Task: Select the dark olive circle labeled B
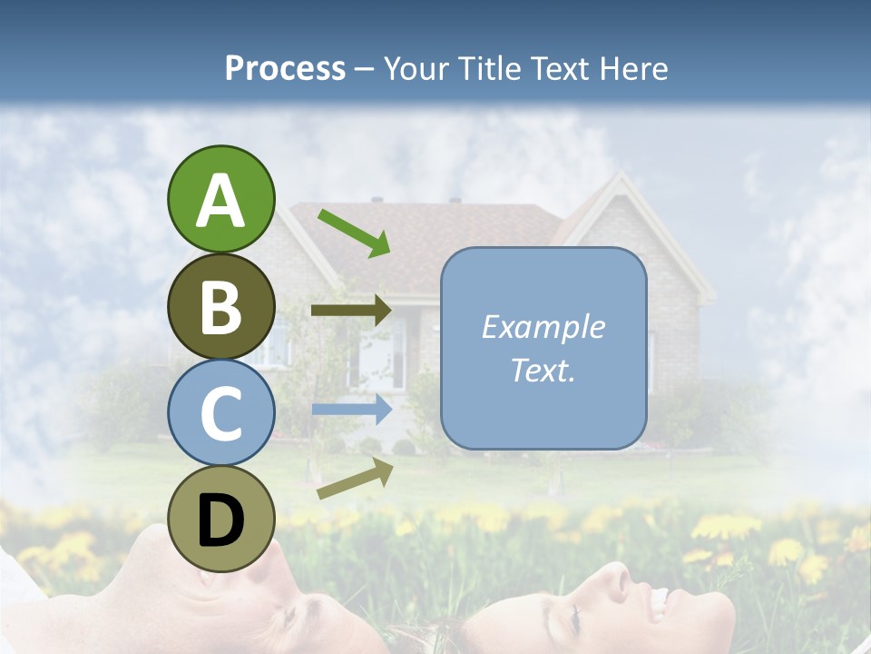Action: (221, 306)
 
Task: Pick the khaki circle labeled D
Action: (221, 519)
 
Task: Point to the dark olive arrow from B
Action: (351, 311)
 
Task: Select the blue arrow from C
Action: (351, 409)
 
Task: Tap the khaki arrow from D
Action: (355, 479)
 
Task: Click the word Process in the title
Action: (285, 68)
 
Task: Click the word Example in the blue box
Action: (543, 327)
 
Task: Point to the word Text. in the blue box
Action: (543, 370)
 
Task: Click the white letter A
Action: (221, 201)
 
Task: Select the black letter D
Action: (221, 520)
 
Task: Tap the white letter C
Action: (221, 413)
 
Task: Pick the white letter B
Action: (221, 307)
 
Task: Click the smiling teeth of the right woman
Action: (658, 599)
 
